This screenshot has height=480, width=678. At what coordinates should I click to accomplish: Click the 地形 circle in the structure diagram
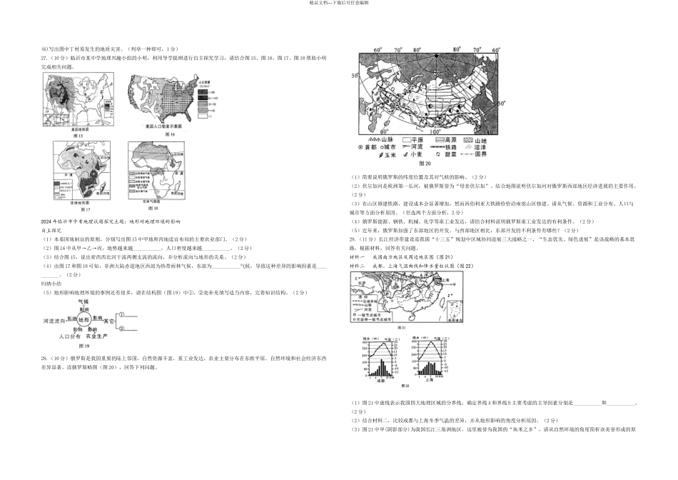85,321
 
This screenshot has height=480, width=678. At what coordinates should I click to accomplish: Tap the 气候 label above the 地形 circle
85,303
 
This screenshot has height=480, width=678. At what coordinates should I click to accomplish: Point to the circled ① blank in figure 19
121,314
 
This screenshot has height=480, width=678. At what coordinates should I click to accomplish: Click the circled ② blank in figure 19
121,329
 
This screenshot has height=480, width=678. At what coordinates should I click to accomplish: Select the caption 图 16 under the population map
170,134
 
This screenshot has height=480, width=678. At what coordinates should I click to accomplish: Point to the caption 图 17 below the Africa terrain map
85,209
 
